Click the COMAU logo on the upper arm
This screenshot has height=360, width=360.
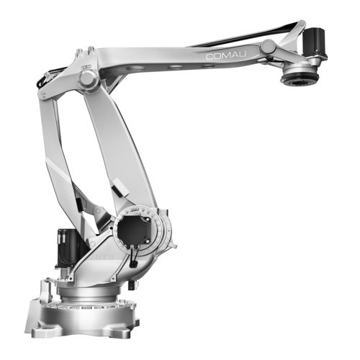coord(226,55)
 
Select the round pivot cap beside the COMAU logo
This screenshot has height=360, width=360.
coord(269,47)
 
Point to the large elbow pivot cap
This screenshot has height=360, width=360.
coord(87,78)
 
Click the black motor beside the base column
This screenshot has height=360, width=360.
coord(66,247)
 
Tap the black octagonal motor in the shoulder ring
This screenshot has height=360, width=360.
coord(135,230)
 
